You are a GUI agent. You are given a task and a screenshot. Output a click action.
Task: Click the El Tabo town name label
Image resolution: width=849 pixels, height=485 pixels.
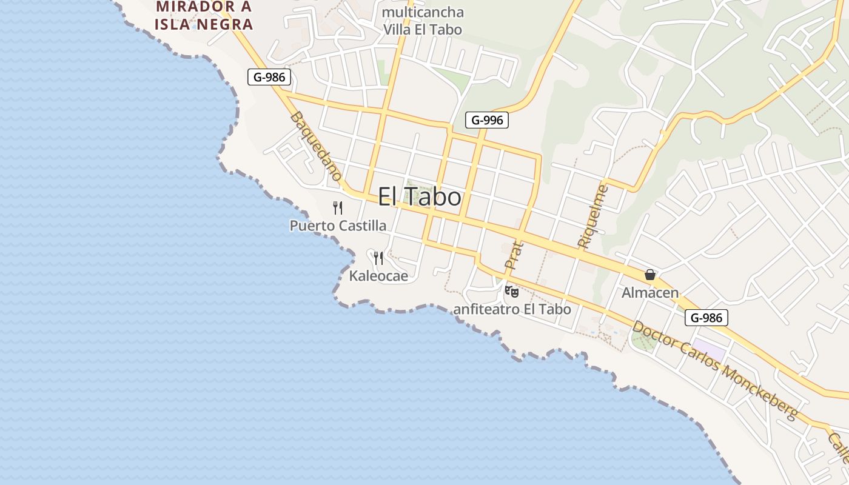coord(420,197)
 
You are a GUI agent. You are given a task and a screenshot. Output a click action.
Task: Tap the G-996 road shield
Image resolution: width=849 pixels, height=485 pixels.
coord(486,120)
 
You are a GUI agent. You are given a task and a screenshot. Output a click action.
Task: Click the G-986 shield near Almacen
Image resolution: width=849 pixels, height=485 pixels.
coord(706,317)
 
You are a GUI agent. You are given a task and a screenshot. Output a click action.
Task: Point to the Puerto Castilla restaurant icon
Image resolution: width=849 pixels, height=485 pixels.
coord(338,208)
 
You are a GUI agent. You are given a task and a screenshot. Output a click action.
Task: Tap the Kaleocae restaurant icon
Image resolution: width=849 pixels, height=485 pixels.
coord(378,258)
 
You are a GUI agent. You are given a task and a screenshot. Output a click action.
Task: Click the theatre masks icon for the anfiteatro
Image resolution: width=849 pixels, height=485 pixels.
coord(512,292)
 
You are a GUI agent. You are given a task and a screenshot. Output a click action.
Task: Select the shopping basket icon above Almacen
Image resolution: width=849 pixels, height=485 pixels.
coord(650,275)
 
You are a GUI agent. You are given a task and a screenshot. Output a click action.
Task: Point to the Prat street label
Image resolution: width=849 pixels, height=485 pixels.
coord(513,255)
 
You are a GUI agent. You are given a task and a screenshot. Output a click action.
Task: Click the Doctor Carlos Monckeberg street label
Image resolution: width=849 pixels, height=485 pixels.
coord(715,370)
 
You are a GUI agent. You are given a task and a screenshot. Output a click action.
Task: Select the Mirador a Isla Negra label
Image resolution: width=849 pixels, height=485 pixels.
coord(204,16)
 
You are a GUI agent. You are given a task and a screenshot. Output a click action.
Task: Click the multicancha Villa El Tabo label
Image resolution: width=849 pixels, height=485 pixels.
coord(423,21)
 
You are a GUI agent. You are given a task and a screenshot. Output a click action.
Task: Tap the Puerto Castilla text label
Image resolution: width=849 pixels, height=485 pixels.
coord(338,226)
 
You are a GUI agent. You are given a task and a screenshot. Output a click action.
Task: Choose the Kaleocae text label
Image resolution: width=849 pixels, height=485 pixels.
coord(378,276)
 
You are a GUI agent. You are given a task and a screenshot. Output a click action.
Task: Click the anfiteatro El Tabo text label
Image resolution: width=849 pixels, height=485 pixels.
coord(512,309)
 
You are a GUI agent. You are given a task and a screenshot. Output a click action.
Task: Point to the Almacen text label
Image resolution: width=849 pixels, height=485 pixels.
coord(650,293)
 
